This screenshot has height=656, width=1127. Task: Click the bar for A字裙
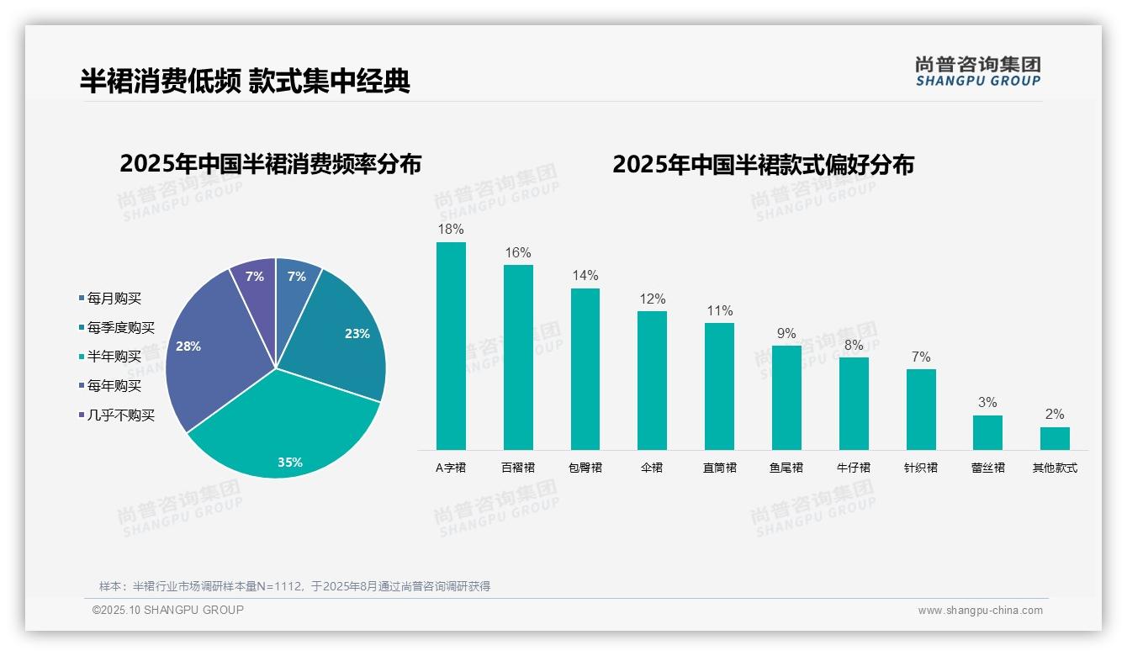click(451, 346)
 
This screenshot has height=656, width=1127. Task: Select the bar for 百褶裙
click(518, 357)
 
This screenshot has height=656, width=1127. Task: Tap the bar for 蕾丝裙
click(987, 432)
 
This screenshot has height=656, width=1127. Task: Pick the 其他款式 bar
click(1055, 438)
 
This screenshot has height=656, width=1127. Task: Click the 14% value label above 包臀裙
click(585, 276)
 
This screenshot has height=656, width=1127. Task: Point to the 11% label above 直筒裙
click(719, 310)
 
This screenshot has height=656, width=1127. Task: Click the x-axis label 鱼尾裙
click(786, 468)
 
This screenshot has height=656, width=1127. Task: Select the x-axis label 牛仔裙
click(854, 468)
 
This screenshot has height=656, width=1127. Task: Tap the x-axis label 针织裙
click(920, 468)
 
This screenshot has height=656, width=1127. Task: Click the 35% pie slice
click(286, 429)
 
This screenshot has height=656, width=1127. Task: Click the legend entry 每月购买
click(114, 299)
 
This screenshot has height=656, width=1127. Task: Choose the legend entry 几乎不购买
click(121, 415)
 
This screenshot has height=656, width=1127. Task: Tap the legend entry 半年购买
click(114, 357)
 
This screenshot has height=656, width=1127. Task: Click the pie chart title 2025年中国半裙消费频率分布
click(270, 164)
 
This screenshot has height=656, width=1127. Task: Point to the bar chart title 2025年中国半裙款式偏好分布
click(763, 164)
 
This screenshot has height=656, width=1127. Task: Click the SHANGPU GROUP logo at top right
click(977, 71)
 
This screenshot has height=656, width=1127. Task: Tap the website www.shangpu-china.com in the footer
click(980, 611)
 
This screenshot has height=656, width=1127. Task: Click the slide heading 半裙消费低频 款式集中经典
click(245, 81)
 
